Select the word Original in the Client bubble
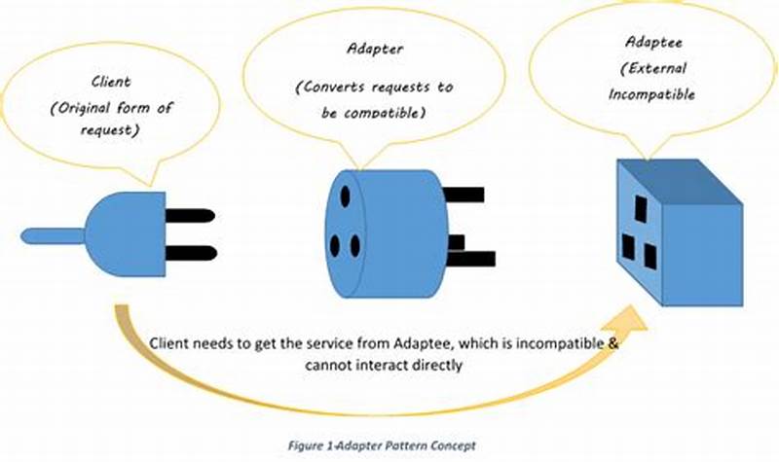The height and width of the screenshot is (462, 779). click(x=79, y=109)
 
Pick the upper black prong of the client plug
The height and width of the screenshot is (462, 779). click(x=189, y=217)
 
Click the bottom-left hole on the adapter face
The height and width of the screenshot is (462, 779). click(x=334, y=245)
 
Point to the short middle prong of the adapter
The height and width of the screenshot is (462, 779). click(x=456, y=241)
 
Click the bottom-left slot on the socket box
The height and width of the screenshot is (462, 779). click(x=628, y=248)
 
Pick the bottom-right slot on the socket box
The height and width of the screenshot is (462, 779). click(x=649, y=257)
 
